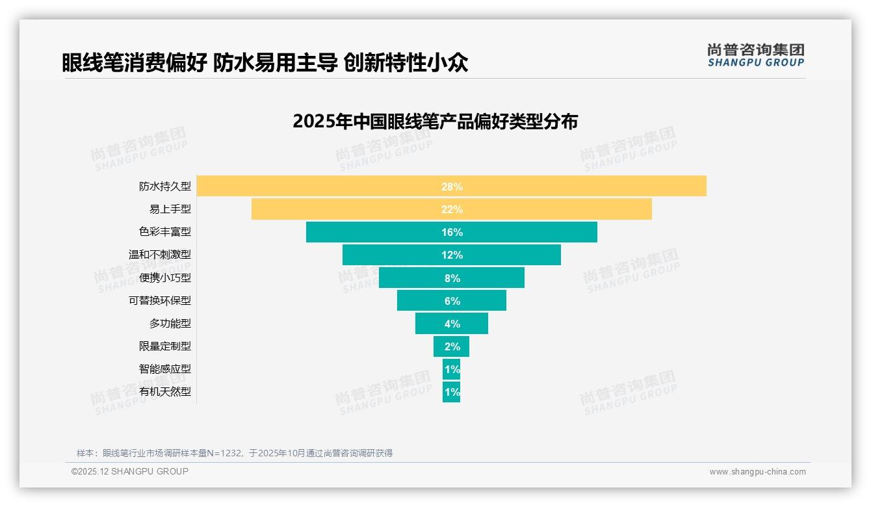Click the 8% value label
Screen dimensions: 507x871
(x=452, y=278)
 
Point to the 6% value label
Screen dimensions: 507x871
(x=452, y=301)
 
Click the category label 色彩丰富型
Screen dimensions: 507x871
(x=165, y=232)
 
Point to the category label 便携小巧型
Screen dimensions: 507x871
(x=165, y=278)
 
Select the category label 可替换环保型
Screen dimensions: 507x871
(x=160, y=301)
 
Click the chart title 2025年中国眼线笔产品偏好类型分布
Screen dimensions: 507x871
(x=435, y=122)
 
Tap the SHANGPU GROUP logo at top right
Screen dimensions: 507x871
(x=755, y=55)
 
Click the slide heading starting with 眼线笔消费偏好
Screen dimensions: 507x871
(x=265, y=63)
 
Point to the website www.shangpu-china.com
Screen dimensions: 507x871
(x=757, y=472)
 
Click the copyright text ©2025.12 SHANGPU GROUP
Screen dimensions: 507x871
(x=130, y=471)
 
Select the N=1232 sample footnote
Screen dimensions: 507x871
(x=235, y=453)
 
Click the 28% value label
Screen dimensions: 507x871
(x=452, y=187)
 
